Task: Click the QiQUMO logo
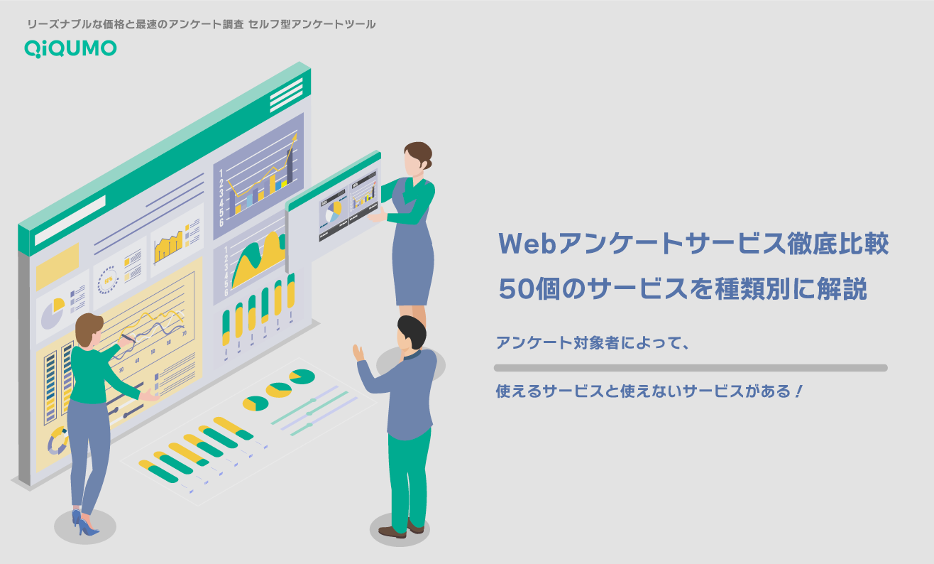70,48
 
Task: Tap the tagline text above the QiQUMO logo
201,24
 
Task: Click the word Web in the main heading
528,244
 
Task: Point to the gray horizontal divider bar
690,368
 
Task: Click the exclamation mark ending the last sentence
798,391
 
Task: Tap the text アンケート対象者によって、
593,343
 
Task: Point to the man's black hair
411,328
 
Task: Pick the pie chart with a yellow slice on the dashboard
52,312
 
